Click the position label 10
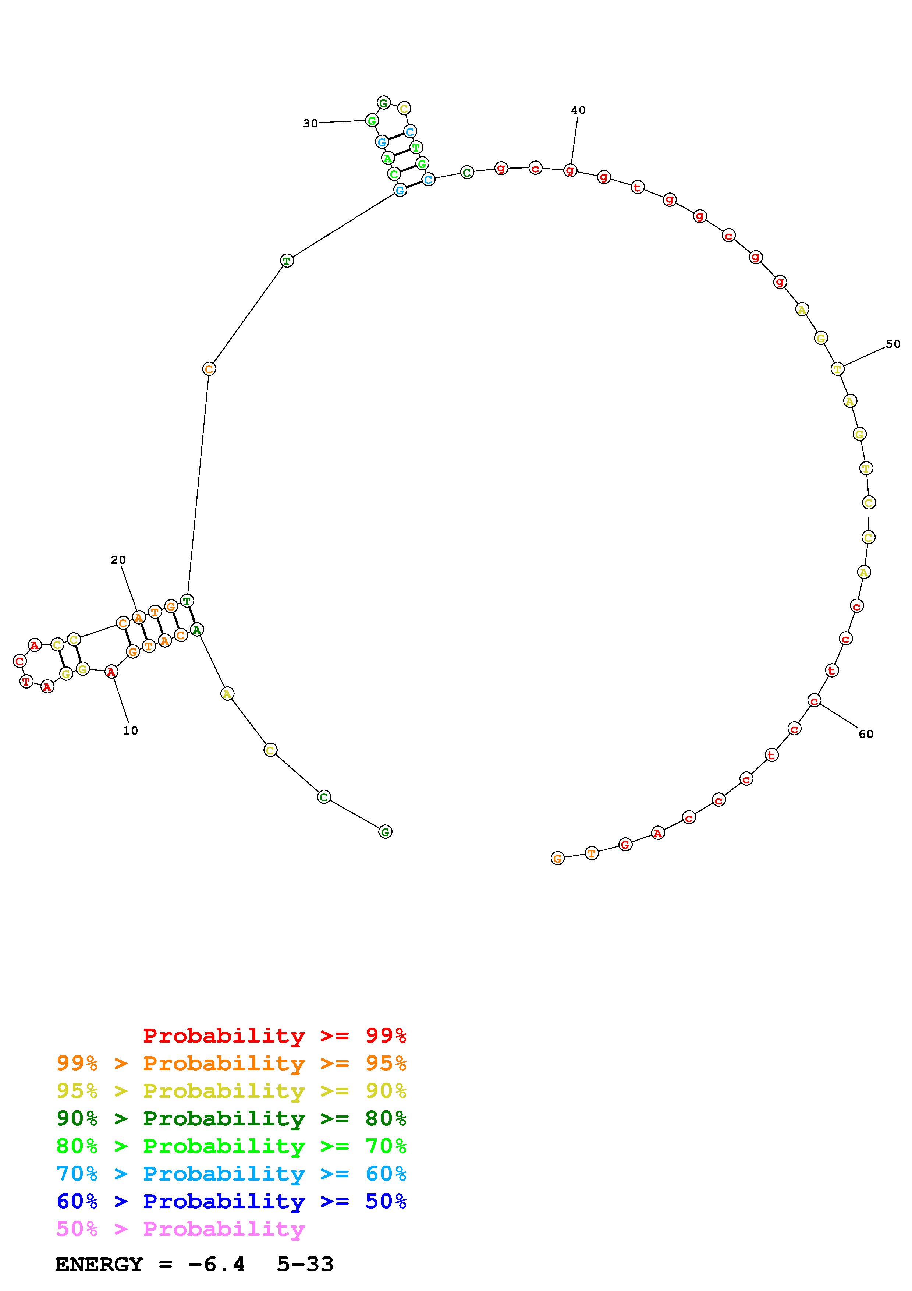(130, 731)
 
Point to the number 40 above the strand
(578, 110)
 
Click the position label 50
(893, 344)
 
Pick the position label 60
(866, 734)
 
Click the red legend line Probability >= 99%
(275, 1035)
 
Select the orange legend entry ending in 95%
(231, 1063)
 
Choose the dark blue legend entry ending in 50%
(231, 1201)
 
